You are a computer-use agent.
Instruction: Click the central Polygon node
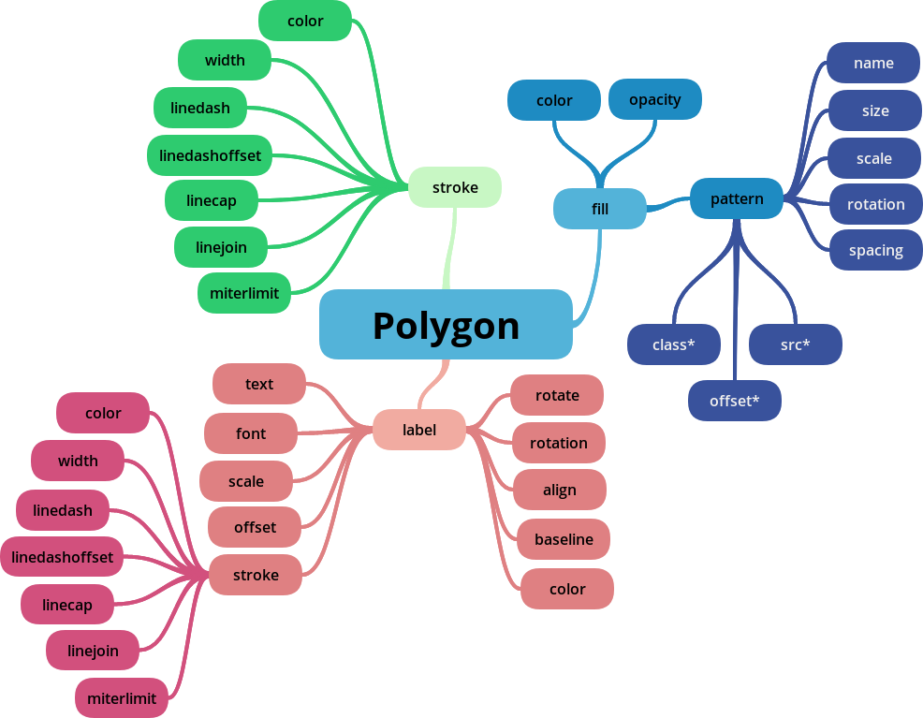pyautogui.click(x=446, y=325)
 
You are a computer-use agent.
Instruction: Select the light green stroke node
pyautogui.click(x=455, y=187)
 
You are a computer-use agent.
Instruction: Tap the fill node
pyautogui.click(x=600, y=209)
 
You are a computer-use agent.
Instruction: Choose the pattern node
pyautogui.click(x=737, y=198)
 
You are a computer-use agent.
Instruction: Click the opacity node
pyautogui.click(x=655, y=99)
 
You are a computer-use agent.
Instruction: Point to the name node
pyautogui.click(x=873, y=63)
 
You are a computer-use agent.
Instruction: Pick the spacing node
pyautogui.click(x=875, y=250)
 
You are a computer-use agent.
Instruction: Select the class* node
pyautogui.click(x=674, y=344)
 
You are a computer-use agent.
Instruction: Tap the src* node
pyautogui.click(x=796, y=344)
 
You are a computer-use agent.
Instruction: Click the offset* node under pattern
pyautogui.click(x=735, y=401)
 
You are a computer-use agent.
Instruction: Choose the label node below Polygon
pyautogui.click(x=419, y=430)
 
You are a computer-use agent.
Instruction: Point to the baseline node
pyautogui.click(x=564, y=539)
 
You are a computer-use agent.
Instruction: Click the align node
pyautogui.click(x=560, y=490)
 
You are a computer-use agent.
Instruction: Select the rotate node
pyautogui.click(x=557, y=395)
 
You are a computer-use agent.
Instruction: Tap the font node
pyautogui.click(x=251, y=433)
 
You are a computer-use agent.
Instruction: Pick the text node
pyautogui.click(x=259, y=384)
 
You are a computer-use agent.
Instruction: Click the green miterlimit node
pyautogui.click(x=244, y=293)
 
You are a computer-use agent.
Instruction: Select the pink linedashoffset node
pyautogui.click(x=62, y=557)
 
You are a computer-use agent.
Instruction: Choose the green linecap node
pyautogui.click(x=212, y=200)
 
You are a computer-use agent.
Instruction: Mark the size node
pyautogui.click(x=875, y=110)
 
